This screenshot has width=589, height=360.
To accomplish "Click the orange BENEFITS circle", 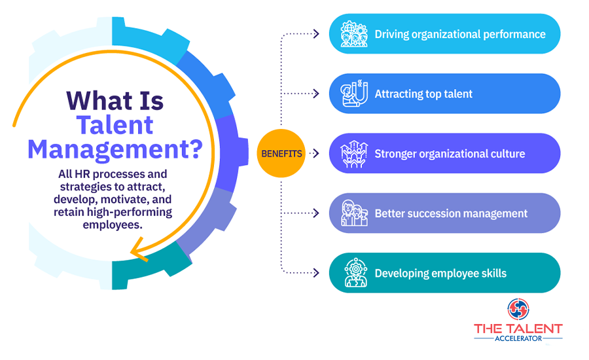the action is click(x=281, y=153).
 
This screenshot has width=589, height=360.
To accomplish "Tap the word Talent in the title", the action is click(x=115, y=125).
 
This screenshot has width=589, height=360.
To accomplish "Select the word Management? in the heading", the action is click(x=115, y=149).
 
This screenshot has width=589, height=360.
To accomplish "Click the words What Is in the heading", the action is click(x=115, y=101).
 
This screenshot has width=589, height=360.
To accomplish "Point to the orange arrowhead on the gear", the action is click(x=139, y=249).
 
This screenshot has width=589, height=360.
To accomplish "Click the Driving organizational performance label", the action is click(x=460, y=34).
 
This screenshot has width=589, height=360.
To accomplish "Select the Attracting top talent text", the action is click(x=423, y=94).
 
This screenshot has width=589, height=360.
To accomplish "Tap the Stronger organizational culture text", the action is click(x=450, y=154).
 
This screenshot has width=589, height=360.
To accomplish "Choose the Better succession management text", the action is click(x=451, y=213).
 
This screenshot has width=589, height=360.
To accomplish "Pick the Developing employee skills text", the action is click(x=440, y=273).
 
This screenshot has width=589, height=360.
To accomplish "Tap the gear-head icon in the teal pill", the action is click(x=355, y=273).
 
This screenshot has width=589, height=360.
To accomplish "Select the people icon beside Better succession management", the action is click(x=354, y=213).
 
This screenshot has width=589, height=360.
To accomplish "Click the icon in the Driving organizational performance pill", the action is click(x=354, y=34).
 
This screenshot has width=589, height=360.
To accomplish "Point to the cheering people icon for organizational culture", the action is click(x=354, y=154).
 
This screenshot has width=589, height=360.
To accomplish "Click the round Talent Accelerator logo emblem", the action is click(x=518, y=309).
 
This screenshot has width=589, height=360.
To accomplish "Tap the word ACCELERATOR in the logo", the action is click(x=518, y=338).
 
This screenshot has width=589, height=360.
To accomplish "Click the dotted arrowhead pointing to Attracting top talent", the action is click(x=316, y=94).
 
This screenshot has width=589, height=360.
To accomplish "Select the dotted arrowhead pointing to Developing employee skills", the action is click(x=316, y=273).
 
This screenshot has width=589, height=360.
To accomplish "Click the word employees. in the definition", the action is click(x=113, y=225).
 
